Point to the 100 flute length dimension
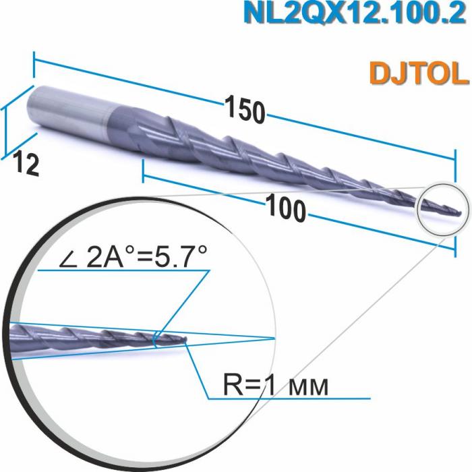click(286, 208)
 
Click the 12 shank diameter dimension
click(25, 163)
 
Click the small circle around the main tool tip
click(442, 208)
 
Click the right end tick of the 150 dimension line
click(456, 160)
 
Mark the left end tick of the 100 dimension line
click(143, 172)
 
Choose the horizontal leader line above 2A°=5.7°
click(121, 271)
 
